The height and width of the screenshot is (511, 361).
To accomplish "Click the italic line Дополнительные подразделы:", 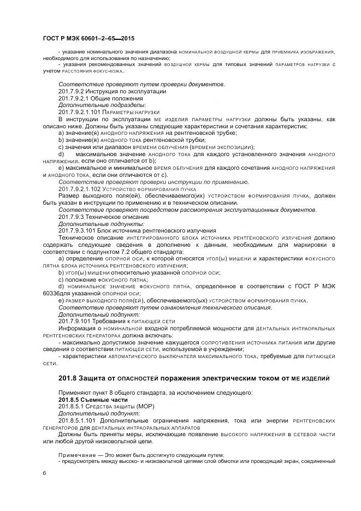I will [94, 104].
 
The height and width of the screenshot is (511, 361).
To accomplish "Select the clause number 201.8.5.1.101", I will [80, 420].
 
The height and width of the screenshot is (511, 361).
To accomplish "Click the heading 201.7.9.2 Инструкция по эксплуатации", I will [104, 91].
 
